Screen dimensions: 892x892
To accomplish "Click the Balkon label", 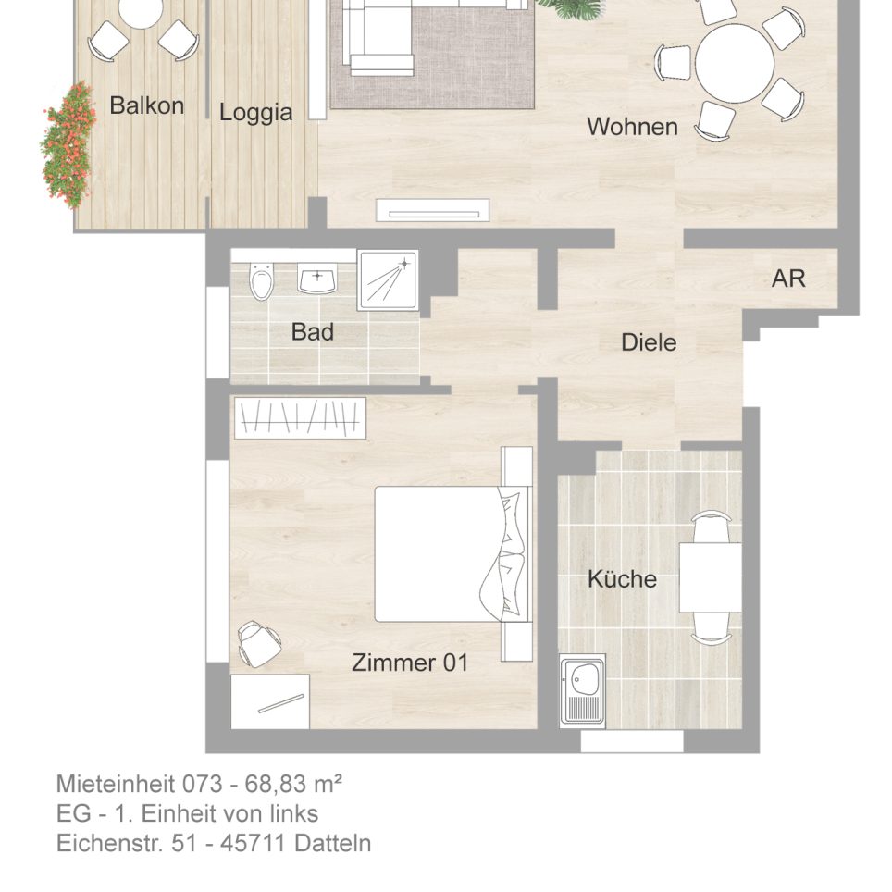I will click(146, 105).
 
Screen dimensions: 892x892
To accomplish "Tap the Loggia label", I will click(256, 113).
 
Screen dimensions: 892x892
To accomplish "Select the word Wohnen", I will click(632, 127).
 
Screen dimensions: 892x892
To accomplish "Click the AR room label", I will click(788, 278).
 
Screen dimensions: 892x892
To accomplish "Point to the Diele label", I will click(649, 342).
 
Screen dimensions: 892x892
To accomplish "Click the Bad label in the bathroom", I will click(313, 331).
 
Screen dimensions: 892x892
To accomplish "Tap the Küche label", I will click(622, 579).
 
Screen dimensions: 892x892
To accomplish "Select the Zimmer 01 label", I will click(410, 663).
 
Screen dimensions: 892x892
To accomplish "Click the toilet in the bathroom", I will click(262, 279).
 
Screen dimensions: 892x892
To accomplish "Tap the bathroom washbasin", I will click(317, 278).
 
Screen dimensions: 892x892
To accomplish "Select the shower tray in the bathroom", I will click(389, 278).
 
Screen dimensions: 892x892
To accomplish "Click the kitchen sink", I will click(582, 688).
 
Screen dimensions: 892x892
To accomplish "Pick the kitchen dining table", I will click(710, 577).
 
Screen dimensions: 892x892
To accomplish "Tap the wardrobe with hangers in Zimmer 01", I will click(300, 418).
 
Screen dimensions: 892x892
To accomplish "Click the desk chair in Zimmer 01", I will click(258, 642).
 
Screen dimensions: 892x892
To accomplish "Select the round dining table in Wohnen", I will click(735, 63).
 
